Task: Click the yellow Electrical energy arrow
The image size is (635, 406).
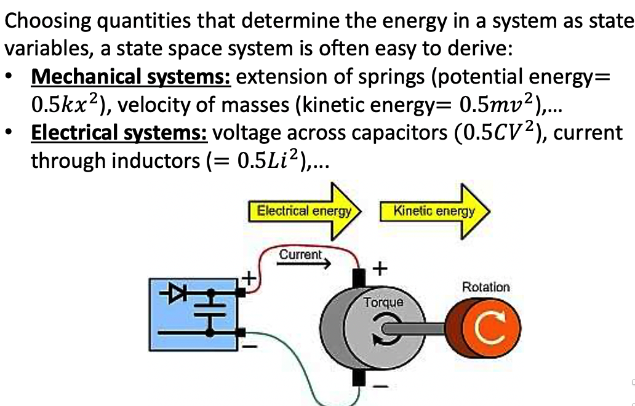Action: click(305, 211)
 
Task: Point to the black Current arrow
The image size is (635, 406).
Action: click(304, 264)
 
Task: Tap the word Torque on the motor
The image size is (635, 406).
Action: click(383, 303)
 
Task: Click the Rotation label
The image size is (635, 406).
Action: click(486, 287)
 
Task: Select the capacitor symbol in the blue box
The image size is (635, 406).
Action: click(210, 309)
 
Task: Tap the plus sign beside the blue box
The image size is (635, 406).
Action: click(249, 279)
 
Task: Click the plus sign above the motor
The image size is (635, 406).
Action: click(380, 268)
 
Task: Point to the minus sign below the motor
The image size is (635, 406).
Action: click(380, 386)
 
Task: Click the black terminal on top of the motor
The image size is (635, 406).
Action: click(359, 279)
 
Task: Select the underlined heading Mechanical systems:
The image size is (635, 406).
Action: click(131, 77)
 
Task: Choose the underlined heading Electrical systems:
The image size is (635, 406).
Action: click(119, 133)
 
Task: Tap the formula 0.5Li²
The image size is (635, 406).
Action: click(268, 160)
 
